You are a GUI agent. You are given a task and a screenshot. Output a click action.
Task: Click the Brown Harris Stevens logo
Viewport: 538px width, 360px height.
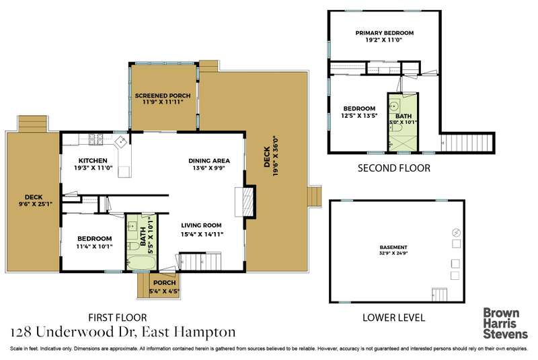point(505,323)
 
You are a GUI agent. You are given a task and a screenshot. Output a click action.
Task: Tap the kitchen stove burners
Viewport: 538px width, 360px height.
point(96,139)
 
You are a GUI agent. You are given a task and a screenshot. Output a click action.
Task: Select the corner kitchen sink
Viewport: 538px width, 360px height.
point(121,141)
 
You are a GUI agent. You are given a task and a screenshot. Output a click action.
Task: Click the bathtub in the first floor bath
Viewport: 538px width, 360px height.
point(141,264)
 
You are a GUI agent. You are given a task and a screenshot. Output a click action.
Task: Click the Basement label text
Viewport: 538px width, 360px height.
point(393,247)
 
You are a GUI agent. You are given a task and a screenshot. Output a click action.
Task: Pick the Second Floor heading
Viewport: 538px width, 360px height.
point(394,168)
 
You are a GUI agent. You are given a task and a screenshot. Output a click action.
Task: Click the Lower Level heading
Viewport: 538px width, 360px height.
point(393,318)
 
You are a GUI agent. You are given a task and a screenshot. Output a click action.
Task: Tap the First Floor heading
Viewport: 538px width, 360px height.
point(117,318)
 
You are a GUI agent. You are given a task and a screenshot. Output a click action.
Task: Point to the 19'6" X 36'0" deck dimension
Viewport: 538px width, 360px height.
point(275,156)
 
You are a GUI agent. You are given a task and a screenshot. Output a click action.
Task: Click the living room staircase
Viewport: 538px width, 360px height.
point(200,262)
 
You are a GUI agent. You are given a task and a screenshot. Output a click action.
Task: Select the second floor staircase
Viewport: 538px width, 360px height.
point(467,143)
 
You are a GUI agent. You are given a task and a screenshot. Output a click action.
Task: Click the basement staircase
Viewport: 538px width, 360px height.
point(440,295)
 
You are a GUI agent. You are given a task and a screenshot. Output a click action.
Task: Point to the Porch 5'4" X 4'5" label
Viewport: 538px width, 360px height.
point(164,287)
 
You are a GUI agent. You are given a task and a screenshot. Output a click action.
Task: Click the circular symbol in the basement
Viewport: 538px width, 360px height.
point(457,232)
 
